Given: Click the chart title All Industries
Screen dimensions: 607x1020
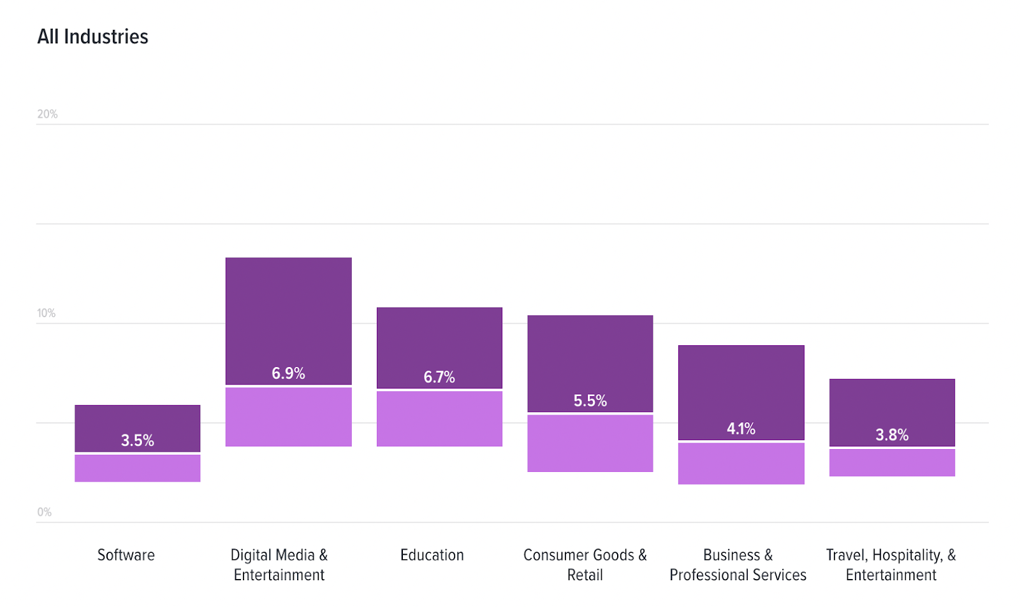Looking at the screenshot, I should click(92, 37).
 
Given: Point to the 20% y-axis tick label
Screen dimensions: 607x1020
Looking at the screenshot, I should click(47, 114).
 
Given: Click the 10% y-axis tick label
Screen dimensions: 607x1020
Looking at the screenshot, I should click(46, 313).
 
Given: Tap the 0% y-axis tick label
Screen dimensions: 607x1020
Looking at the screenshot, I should click(44, 512).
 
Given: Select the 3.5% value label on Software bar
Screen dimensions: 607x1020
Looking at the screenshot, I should click(138, 440).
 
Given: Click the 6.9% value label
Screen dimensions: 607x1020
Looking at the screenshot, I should click(288, 373).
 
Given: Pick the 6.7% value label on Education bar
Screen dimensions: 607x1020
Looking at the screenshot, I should click(439, 377).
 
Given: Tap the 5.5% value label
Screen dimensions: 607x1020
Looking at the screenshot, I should click(590, 401).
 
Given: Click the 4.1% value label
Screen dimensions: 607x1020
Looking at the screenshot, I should click(741, 429).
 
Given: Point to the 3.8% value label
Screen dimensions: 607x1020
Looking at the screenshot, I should click(892, 435).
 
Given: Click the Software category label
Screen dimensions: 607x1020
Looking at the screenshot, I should click(126, 555).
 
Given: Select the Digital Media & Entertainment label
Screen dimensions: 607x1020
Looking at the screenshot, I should click(279, 565).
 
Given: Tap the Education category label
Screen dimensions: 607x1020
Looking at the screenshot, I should click(432, 555).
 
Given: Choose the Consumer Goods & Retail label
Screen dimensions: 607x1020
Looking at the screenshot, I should click(585, 565).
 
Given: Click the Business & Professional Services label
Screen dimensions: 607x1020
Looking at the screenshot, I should click(738, 565).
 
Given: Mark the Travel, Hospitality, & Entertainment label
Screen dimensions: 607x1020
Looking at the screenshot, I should click(891, 565).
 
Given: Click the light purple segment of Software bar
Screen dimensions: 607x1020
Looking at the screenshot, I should click(138, 468).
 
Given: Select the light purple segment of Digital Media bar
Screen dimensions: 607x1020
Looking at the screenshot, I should click(288, 417).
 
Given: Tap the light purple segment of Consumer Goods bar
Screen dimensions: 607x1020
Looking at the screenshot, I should click(590, 443).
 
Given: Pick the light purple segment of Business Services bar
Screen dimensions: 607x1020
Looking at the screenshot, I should click(741, 464).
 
